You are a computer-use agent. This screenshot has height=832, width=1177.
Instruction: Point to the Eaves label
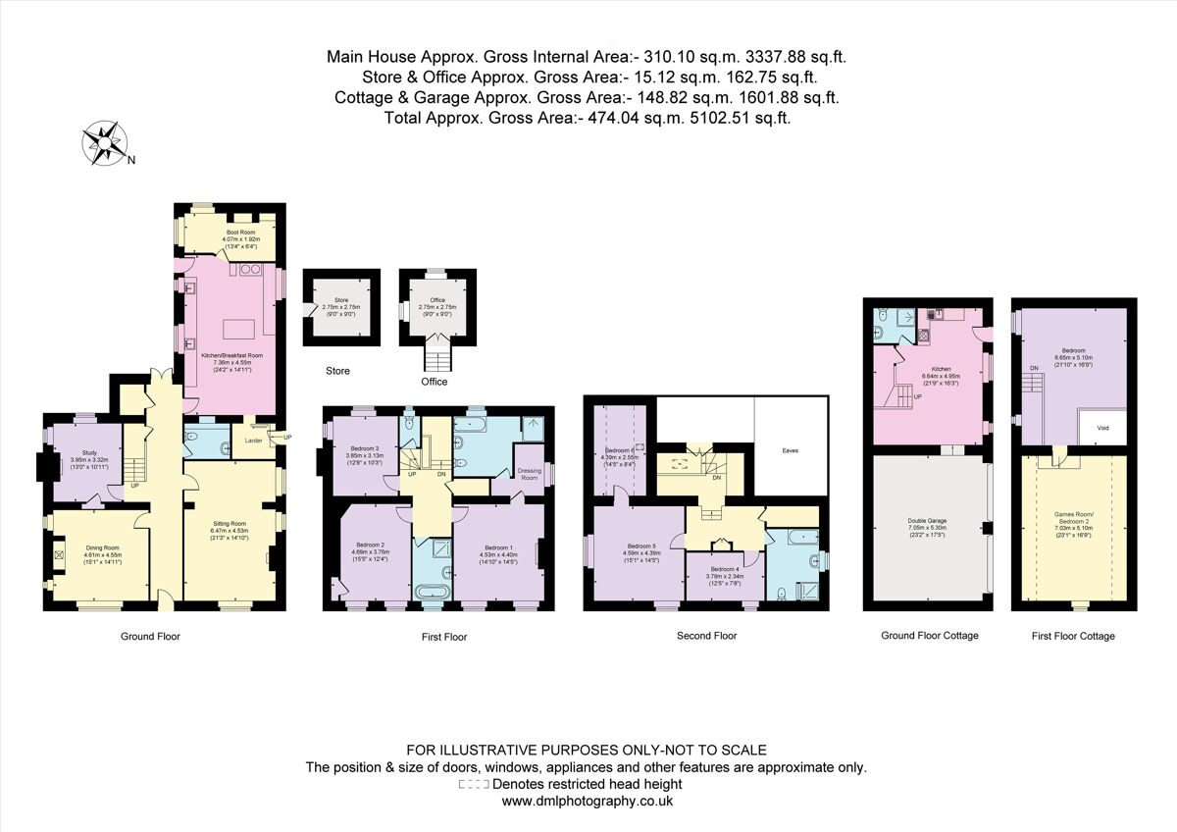point(791,450)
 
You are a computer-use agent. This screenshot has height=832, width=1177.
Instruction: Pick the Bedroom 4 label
point(724,572)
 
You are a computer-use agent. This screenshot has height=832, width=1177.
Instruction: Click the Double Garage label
point(927,525)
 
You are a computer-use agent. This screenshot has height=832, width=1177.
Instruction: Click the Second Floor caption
point(706,636)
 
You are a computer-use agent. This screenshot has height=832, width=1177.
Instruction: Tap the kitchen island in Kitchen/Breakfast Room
point(238,328)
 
